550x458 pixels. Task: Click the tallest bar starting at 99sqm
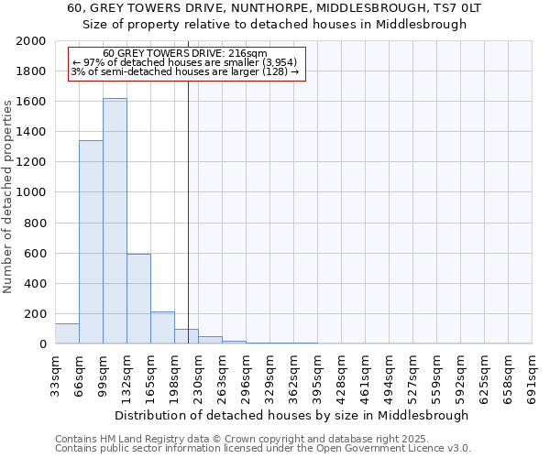coord(115,221)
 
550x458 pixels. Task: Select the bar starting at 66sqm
coord(91,242)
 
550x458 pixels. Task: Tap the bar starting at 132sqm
coord(138,299)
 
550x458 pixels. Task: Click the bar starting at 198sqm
coord(186,336)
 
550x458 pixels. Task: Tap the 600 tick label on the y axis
coord(36,254)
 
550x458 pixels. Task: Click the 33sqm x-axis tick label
coord(55,373)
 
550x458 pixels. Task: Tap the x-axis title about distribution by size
coord(292,415)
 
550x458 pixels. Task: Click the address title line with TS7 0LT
coord(274,8)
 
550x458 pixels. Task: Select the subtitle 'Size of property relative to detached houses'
coord(274,25)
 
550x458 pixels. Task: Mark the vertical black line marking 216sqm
coord(188,202)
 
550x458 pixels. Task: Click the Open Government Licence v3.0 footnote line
coord(263,449)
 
